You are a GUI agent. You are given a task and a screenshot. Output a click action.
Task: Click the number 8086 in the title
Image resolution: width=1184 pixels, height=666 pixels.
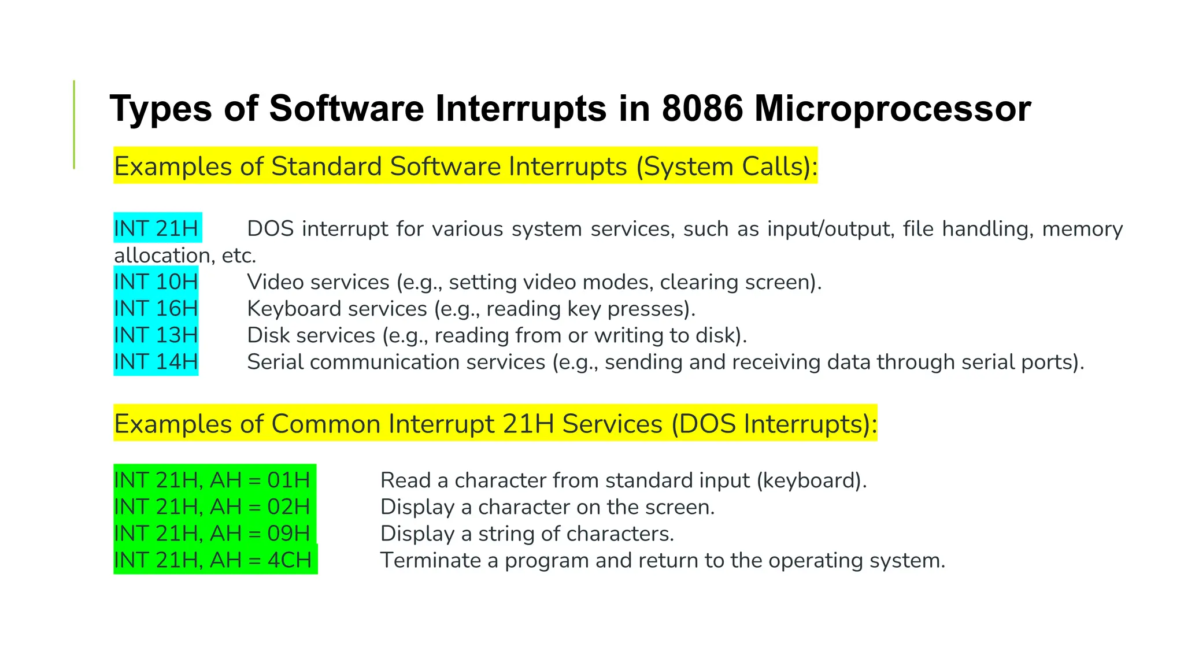(702, 108)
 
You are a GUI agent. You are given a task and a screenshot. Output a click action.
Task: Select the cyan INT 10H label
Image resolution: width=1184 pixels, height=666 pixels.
(156, 282)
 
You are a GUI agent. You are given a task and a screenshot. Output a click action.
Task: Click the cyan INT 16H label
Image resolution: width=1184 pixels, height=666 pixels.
(156, 309)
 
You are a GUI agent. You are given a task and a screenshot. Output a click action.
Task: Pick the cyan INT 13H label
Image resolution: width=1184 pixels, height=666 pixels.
(156, 335)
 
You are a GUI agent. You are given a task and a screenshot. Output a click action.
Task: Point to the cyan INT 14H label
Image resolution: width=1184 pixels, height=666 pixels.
(156, 362)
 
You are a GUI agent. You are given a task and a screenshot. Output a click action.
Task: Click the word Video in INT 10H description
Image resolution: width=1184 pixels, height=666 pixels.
(274, 282)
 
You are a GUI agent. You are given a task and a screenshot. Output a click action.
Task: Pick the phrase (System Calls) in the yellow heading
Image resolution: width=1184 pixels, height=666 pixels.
(727, 166)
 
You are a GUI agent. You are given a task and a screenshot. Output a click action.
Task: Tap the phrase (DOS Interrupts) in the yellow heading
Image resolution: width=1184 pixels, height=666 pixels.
(774, 424)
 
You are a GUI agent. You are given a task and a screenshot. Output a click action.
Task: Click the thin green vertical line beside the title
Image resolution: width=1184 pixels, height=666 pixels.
(74, 124)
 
